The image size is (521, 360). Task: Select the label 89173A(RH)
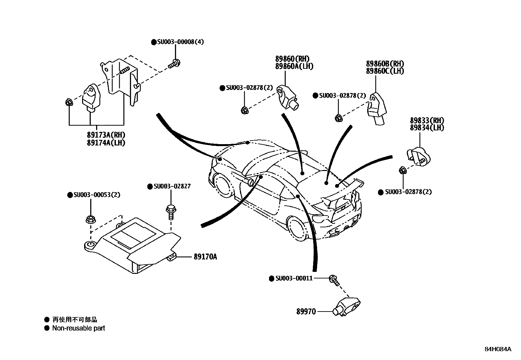coord(106,135)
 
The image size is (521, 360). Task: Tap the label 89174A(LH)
coord(106,143)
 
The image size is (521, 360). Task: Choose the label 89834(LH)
coord(427,128)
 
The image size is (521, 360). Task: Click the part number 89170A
coord(205,257)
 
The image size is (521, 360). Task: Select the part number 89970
coord(306,312)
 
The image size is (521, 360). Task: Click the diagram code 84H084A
coord(498,349)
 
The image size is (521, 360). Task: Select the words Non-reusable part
coord(79,328)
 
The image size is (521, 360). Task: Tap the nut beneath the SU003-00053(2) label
coord(90,219)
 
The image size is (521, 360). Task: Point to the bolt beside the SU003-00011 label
coord(334,280)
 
